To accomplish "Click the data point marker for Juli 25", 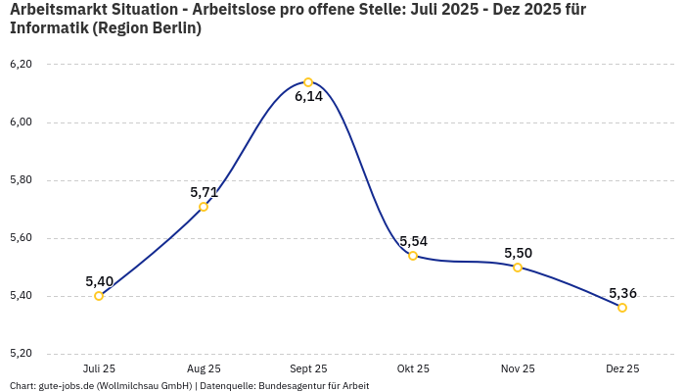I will click(x=99, y=296).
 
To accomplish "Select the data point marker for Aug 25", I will click(x=204, y=207).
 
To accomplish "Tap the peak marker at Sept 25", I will click(x=308, y=82).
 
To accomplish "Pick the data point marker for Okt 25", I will click(x=413, y=256).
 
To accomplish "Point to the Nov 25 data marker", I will click(x=518, y=268).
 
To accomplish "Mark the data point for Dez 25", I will click(x=622, y=308).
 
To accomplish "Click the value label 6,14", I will click(x=308, y=96).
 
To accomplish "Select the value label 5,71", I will click(x=205, y=192).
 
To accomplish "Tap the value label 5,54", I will click(x=413, y=241).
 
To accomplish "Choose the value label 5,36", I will click(x=622, y=293).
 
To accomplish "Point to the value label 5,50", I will click(x=518, y=253).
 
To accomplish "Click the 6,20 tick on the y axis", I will click(x=21, y=65).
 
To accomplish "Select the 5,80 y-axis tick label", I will click(x=21, y=180).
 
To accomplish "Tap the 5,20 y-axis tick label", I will click(x=21, y=354).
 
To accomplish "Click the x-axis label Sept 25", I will click(x=308, y=369).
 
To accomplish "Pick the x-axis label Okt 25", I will click(x=413, y=369).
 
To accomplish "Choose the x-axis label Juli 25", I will click(x=99, y=369).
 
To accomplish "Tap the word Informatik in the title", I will click(x=48, y=28).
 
